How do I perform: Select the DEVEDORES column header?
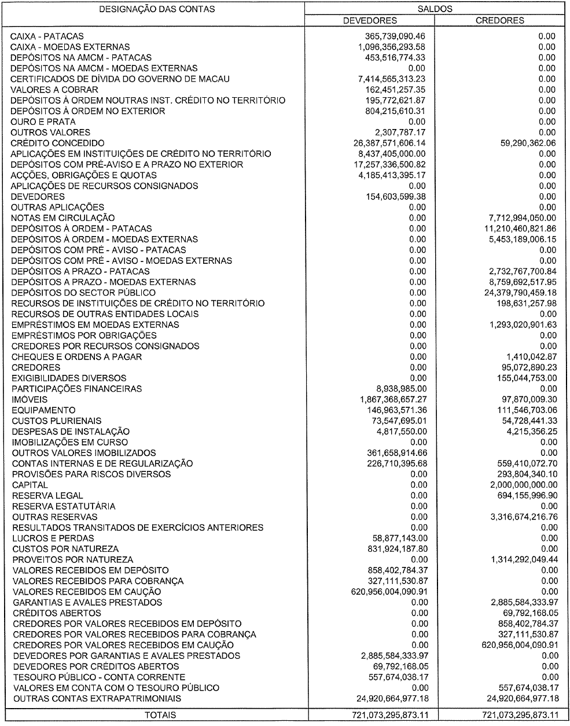(370, 20)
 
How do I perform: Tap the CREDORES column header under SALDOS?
(500, 20)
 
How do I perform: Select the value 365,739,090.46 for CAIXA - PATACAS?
(392, 36)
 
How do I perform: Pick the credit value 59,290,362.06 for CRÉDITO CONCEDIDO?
(523, 143)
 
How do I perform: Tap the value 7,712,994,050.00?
(519, 218)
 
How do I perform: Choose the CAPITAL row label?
(30, 485)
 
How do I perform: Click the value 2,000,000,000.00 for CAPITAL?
(519, 485)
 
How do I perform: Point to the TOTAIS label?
(160, 715)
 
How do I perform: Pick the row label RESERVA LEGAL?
(47, 495)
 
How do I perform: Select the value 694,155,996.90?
(523, 495)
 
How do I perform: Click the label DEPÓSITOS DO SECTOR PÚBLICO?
(84, 293)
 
